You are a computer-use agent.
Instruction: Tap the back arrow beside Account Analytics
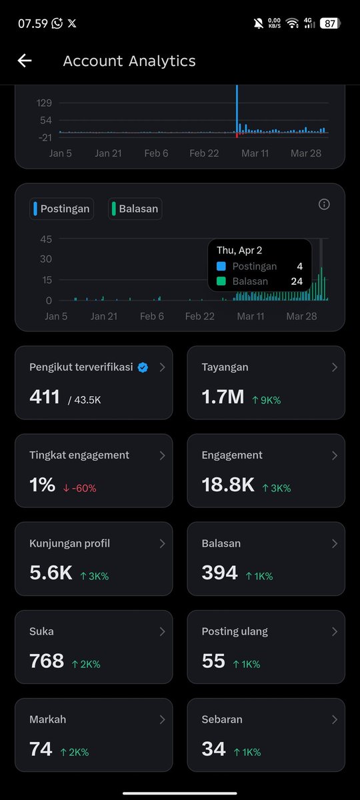25,61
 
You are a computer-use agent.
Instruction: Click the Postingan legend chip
61,209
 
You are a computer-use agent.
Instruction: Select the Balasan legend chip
135,209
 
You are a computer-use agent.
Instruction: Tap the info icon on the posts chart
324,204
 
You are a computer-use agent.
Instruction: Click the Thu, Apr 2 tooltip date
239,251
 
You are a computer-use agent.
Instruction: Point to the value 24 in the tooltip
297,281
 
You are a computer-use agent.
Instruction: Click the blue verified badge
143,367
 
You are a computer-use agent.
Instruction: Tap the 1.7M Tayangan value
223,397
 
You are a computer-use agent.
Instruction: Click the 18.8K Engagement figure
228,485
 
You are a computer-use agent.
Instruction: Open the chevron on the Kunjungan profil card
162,543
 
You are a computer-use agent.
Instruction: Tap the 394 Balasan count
219,573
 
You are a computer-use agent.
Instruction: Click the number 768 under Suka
47,661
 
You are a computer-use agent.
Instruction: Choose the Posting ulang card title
235,631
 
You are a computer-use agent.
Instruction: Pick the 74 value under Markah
41,749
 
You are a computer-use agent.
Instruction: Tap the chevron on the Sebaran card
334,719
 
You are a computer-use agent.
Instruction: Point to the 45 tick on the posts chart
46,239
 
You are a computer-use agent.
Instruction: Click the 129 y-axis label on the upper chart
44,103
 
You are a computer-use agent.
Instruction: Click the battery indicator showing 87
331,23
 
